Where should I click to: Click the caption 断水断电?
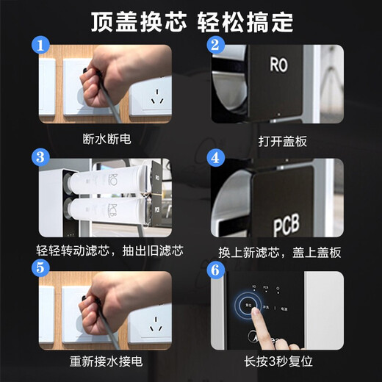[107, 137]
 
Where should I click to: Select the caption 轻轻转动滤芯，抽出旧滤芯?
[110, 251]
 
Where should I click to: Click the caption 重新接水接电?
[107, 361]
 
